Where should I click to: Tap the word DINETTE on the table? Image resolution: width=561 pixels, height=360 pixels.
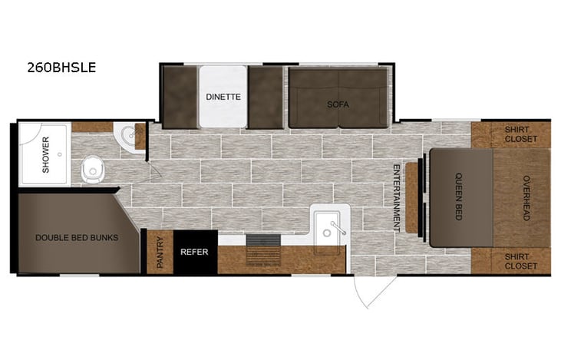[223, 97]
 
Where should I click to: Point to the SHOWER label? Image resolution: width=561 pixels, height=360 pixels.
[45, 154]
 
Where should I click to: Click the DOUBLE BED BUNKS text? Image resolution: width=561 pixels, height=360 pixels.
[77, 237]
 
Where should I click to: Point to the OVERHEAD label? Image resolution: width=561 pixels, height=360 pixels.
[526, 198]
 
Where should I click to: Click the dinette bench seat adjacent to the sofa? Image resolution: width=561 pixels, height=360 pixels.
[266, 97]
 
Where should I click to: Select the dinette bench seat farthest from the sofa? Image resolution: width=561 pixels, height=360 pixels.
[179, 97]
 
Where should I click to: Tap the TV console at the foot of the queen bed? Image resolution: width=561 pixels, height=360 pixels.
[413, 197]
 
